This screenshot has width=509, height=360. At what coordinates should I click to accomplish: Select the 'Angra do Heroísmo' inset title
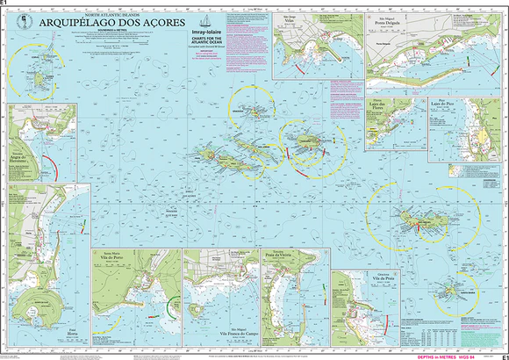tap(24, 157)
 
